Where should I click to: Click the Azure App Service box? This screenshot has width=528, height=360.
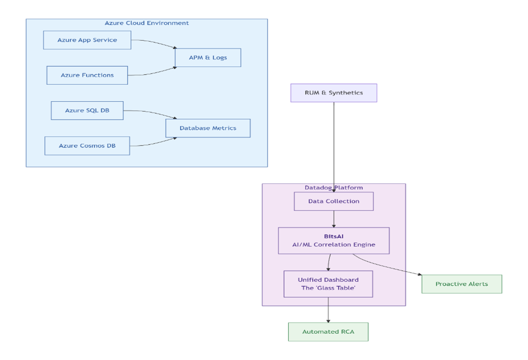tap(87, 40)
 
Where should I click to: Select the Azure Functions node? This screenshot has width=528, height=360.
tap(87, 75)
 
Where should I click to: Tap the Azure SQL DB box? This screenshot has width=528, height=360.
tap(87, 110)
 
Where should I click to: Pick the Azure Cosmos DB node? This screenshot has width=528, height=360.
tap(87, 145)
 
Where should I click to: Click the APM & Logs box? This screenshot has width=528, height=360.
tap(207, 57)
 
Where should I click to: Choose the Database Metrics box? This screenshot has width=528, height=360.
tap(207, 128)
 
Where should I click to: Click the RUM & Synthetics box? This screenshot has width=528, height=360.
tap(333, 93)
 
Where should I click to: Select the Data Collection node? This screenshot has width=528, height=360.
tap(333, 201)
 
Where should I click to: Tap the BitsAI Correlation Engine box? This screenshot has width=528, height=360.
tap(333, 240)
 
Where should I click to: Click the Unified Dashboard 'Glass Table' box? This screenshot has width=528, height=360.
tap(328, 284)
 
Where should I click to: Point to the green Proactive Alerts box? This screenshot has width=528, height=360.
tap(461, 284)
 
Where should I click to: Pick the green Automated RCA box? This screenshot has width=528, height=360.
tap(328, 332)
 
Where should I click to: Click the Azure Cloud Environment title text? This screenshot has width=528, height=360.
tap(146, 23)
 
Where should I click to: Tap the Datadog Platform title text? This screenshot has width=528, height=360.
tap(333, 187)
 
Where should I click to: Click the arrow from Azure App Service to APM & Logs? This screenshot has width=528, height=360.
tap(155, 42)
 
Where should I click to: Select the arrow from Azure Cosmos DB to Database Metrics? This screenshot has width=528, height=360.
tap(152, 143)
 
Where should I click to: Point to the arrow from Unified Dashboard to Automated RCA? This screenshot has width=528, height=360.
tap(328, 310)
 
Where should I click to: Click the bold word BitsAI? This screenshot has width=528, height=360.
tap(333, 235)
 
